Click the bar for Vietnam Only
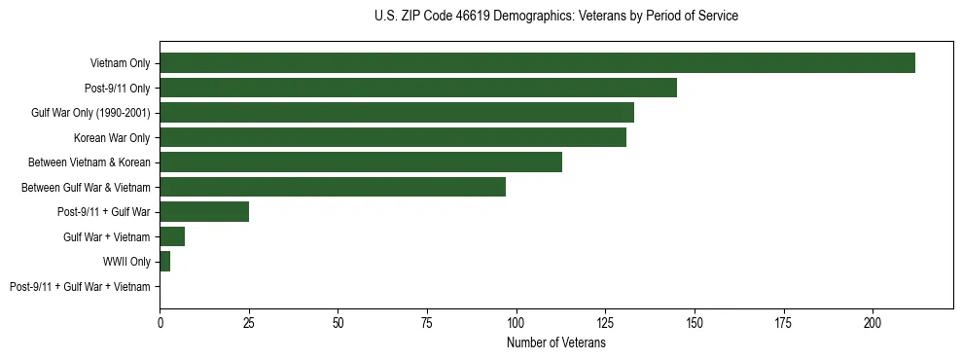point(537,63)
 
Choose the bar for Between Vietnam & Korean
point(361,162)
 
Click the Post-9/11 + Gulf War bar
point(204,212)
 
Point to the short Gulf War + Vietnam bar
point(172,236)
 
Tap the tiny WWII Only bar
point(165,262)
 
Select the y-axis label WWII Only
point(126,262)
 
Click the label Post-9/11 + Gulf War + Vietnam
point(80,287)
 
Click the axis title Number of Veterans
point(555,342)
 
